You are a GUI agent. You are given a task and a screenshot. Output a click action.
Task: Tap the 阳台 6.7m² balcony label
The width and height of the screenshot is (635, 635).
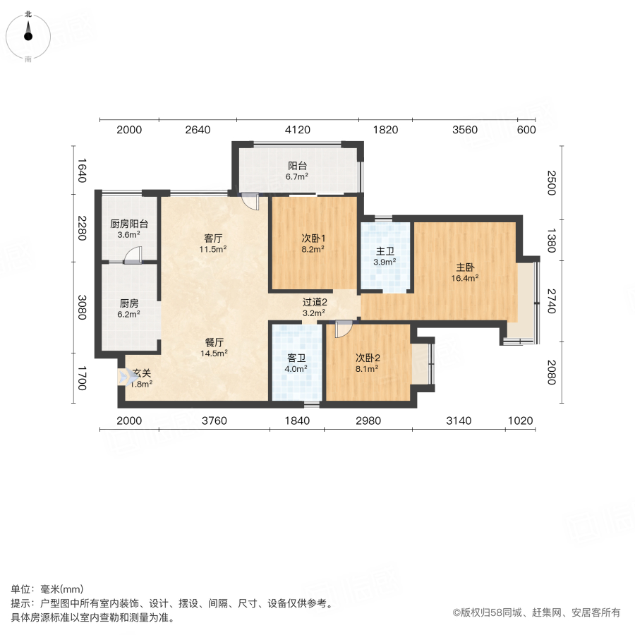tap(297, 171)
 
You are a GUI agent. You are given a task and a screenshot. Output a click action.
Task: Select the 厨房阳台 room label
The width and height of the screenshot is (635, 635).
tap(128, 229)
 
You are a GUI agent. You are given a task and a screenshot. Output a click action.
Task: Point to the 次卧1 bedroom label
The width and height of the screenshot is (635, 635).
tap(313, 243)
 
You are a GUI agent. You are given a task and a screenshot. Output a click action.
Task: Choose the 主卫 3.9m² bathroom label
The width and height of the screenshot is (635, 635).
tap(385, 255)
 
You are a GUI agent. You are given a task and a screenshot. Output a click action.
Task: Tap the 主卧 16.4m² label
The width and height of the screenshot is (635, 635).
tap(465, 272)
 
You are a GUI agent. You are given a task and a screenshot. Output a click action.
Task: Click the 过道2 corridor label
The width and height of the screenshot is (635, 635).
tap(314, 307)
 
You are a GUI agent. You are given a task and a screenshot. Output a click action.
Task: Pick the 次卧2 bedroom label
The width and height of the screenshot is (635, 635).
tap(368, 362)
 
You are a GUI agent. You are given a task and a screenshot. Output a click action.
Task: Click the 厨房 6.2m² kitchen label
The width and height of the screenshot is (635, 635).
tap(128, 308)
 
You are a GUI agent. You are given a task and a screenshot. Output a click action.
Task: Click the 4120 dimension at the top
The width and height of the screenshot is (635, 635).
tap(297, 130)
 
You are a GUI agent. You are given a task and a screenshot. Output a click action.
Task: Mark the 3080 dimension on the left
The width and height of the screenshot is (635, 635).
tap(81, 308)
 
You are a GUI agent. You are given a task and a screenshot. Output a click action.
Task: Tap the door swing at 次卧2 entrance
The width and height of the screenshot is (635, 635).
tap(344, 328)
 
